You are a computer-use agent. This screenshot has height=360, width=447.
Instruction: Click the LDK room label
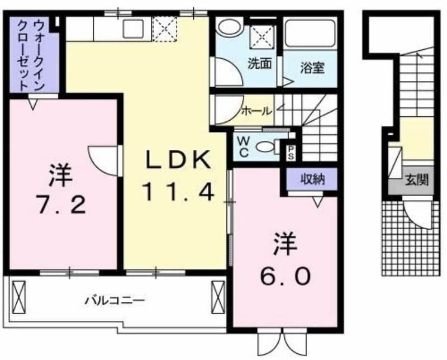click(x=179, y=159)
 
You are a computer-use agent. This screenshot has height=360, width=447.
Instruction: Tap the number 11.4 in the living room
click(x=179, y=192)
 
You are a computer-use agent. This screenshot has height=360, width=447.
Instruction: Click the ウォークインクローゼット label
click(x=31, y=55)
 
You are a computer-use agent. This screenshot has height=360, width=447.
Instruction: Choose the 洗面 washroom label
click(x=259, y=64)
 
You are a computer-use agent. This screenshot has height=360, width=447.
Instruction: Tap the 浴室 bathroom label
click(x=312, y=68)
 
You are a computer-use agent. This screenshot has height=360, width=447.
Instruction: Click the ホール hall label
click(x=256, y=111)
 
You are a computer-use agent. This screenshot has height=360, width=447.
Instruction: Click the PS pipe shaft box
click(x=291, y=153)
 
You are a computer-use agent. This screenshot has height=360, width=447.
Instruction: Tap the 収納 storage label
click(x=312, y=179)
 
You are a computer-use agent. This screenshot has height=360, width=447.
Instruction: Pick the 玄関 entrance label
click(x=417, y=180)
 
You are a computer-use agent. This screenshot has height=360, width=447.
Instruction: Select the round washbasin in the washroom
click(x=230, y=26)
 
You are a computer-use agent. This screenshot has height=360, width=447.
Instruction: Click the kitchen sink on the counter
click(x=133, y=29)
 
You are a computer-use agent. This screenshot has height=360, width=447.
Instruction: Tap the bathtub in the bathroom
click(x=310, y=34)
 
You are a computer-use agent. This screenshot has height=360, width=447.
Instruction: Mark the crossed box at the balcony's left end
click(x=19, y=297)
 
